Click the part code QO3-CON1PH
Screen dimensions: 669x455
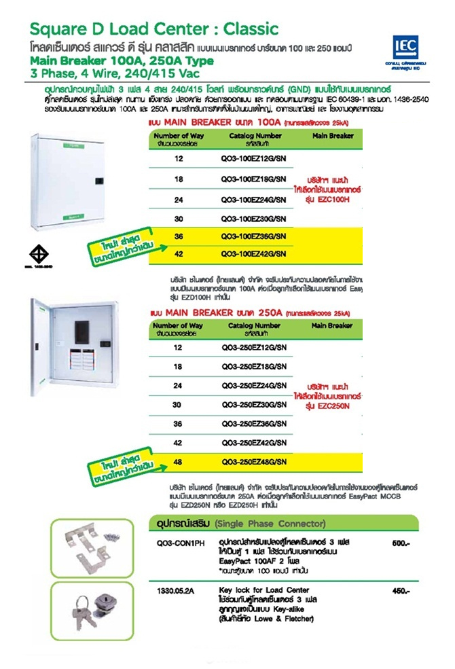[x=176, y=543]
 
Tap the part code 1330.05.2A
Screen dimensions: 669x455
[x=173, y=591]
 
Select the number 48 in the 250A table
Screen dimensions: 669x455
[x=179, y=463]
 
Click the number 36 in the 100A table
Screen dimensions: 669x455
[x=179, y=236]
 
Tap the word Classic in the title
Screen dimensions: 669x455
[x=247, y=29]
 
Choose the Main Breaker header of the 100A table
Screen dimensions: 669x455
[x=332, y=136]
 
